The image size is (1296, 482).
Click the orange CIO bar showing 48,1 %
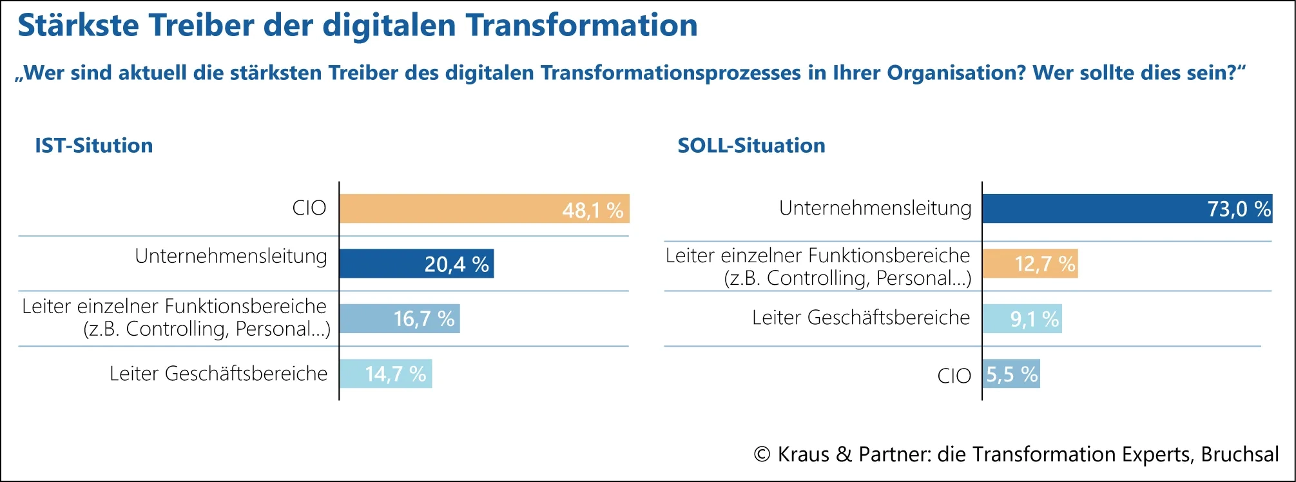[483, 209]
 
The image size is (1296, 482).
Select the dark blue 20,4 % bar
[416, 264]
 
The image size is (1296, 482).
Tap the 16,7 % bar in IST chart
[399, 318]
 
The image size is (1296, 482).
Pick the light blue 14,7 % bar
[385, 374]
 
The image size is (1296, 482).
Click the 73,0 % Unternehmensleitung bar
[1127, 209]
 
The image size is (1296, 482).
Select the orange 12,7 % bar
[1030, 264]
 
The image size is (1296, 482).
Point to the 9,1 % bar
[1022, 318]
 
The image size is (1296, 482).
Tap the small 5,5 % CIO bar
[1011, 374]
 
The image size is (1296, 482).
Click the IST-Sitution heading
[93, 146]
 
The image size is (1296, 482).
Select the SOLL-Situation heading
[751, 146]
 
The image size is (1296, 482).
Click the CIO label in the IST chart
[309, 208]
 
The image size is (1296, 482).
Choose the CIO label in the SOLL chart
[954, 376]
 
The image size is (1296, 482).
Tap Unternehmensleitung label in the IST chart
[231, 256]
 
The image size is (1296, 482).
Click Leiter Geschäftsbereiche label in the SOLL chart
[860, 318]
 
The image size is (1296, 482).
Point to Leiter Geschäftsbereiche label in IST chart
[218, 374]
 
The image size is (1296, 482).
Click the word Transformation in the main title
[581, 26]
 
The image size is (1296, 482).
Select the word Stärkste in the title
[77, 26]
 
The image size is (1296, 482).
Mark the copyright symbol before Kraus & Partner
[762, 454]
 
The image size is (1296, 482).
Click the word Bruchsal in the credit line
[1239, 454]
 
